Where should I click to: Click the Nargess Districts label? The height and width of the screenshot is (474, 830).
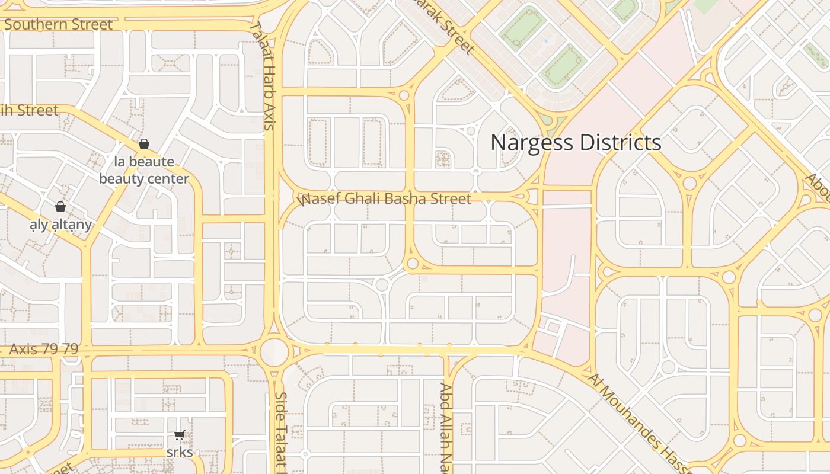[575, 143]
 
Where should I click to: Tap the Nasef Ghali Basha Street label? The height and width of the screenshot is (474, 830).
[385, 198]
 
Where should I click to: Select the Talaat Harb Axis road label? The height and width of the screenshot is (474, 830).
[263, 76]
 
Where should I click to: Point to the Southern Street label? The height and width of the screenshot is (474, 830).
[58, 24]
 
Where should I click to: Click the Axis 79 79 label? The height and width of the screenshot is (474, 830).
[43, 349]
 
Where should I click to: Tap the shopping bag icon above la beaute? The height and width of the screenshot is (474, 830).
[143, 144]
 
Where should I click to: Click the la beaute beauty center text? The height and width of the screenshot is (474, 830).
[144, 170]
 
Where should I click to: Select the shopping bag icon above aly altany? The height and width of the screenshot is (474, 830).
[60, 207]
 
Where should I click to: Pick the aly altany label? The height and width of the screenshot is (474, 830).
[61, 225]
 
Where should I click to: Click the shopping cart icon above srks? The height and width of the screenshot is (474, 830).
[179, 435]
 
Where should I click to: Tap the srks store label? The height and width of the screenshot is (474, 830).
[179, 452]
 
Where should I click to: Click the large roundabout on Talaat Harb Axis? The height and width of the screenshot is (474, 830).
[274, 352]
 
